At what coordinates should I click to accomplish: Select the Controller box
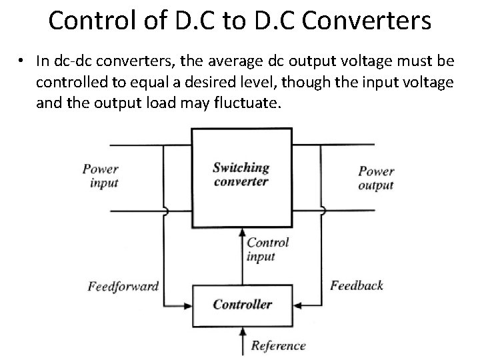242,305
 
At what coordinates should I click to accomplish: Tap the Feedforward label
123,287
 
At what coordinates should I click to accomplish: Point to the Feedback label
357,285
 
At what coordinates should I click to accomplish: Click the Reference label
279,345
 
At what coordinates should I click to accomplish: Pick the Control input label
267,249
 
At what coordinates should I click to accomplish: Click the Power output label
376,178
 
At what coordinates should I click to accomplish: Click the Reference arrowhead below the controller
241,329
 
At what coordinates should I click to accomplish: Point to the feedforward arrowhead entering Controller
188,305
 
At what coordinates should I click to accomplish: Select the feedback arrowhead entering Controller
295,305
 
